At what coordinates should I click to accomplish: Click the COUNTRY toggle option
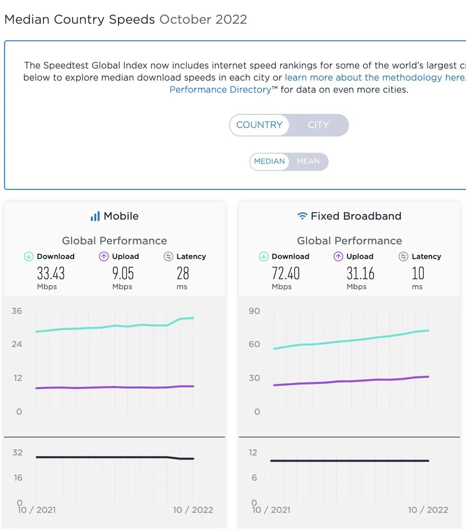pyautogui.click(x=259, y=125)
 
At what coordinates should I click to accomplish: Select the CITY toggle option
pyautogui.click(x=318, y=125)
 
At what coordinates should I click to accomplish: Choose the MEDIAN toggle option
pyautogui.click(x=270, y=161)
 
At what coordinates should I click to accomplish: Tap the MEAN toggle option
pyautogui.click(x=308, y=161)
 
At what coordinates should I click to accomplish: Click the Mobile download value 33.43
pyautogui.click(x=51, y=273)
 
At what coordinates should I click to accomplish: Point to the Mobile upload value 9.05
pyautogui.click(x=123, y=273)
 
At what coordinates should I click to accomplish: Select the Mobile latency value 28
pyautogui.click(x=183, y=273)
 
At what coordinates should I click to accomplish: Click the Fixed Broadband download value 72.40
pyautogui.click(x=286, y=273)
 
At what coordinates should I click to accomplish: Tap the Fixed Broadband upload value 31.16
pyautogui.click(x=361, y=273)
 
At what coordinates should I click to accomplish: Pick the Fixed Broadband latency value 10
pyautogui.click(x=418, y=273)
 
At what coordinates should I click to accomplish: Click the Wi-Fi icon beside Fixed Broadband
pyautogui.click(x=302, y=216)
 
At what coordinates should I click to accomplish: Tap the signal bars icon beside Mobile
pyautogui.click(x=95, y=216)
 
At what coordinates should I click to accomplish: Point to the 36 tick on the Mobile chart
pyautogui.click(x=17, y=311)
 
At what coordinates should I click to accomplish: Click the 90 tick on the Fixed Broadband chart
pyautogui.click(x=254, y=311)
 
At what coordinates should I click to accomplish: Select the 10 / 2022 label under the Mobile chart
pyautogui.click(x=193, y=510)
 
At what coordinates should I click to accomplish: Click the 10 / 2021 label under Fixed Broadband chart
pyautogui.click(x=272, y=510)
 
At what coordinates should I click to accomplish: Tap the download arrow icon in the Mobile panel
pyautogui.click(x=29, y=257)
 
